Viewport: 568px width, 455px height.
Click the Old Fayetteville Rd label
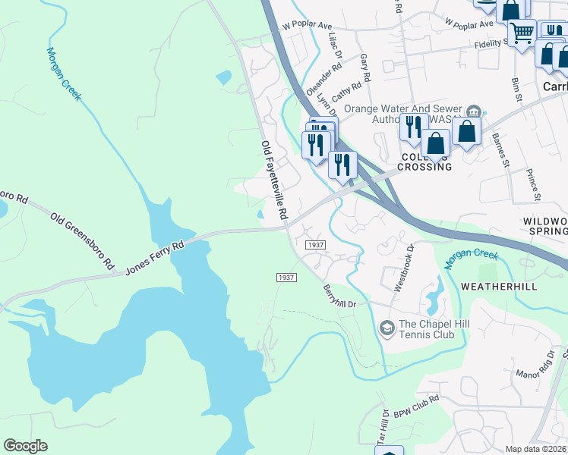click(273, 180)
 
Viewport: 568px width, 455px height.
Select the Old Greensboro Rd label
click(82, 242)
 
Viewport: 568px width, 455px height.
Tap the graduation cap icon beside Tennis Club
click(387, 327)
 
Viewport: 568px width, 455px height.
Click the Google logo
click(25, 446)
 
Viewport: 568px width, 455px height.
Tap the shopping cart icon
click(522, 33)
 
